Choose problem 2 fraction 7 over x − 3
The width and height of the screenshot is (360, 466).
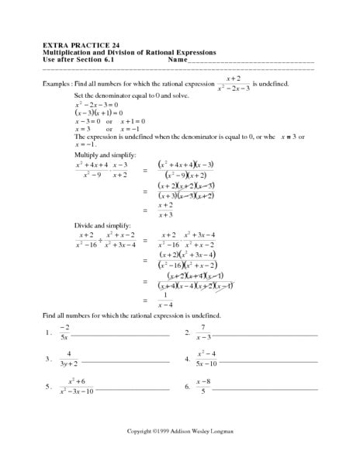pos(203,333)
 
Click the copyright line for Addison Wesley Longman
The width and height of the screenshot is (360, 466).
pos(180,429)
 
